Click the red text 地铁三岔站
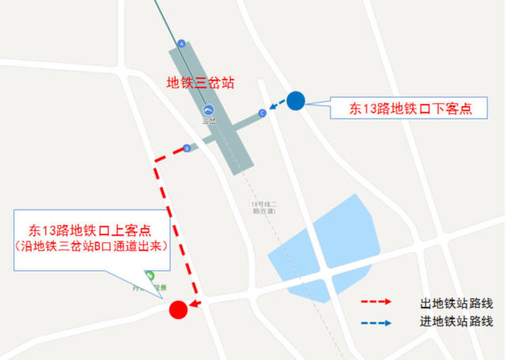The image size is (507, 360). click(200, 82)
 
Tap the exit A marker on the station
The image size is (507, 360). click(182, 44)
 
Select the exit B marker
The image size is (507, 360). click(186, 147)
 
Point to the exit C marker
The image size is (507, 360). click(262, 113)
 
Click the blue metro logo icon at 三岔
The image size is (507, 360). click(209, 109)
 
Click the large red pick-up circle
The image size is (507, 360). click(179, 309)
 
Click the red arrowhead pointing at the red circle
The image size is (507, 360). click(195, 303)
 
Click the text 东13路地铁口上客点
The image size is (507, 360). click(90, 230)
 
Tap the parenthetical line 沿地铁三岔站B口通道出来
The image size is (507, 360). click(90, 246)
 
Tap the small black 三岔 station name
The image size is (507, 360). click(209, 121)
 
